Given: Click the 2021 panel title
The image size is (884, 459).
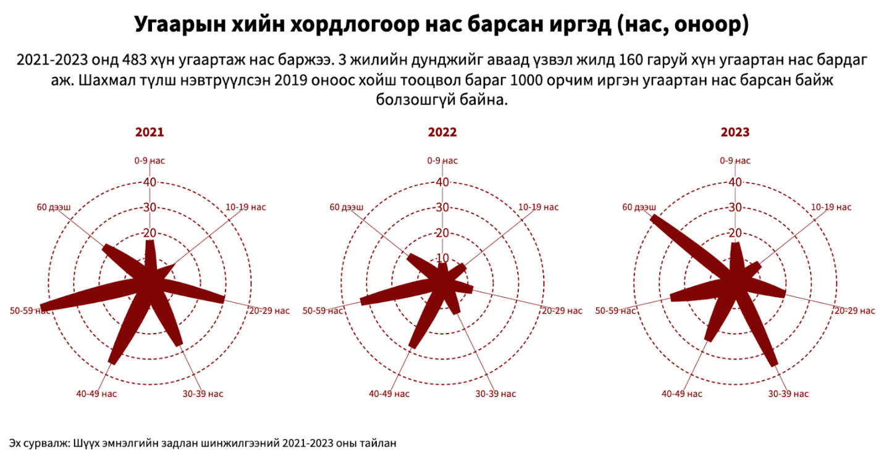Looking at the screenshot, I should pos(149,132).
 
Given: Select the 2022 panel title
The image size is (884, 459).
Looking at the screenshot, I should pos(442,132).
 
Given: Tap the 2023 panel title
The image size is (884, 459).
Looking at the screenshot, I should pos(735,132).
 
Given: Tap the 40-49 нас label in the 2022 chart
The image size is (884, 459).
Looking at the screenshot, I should pos(389,394).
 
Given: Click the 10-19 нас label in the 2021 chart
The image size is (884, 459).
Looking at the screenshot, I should pos(246,207).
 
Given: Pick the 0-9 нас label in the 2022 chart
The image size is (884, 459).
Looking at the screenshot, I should pos(442,161).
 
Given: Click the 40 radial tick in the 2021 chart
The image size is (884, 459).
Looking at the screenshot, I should pos(149,182).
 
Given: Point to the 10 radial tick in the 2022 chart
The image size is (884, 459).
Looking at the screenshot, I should pos(442,258).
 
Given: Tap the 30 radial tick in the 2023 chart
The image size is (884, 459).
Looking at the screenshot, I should pos(735,208).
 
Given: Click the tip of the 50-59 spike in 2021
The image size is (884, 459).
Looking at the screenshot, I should pos(41,308).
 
